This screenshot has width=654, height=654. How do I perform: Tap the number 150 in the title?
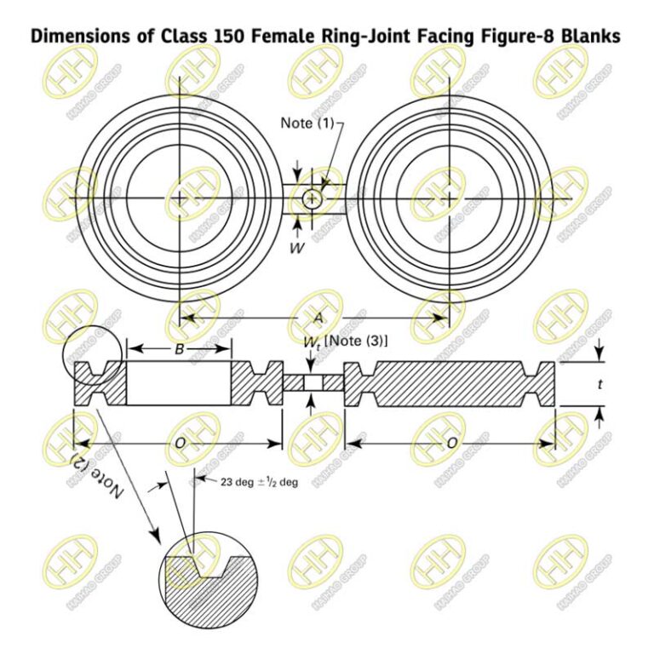pyautogui.click(x=202, y=37)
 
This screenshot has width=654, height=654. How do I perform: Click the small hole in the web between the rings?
pyautogui.click(x=313, y=199)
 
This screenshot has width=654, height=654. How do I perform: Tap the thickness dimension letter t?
pyautogui.click(x=599, y=385)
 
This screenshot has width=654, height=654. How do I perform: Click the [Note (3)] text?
pyautogui.click(x=356, y=341)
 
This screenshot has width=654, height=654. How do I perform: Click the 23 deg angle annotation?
pyautogui.click(x=252, y=482)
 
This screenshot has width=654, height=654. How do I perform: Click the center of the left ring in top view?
pyautogui.click(x=179, y=199)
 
